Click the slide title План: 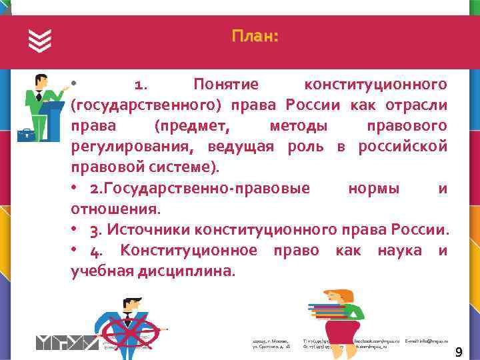255,36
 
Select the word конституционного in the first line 375,85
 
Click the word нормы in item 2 374,188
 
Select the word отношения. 115,209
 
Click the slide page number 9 459,351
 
